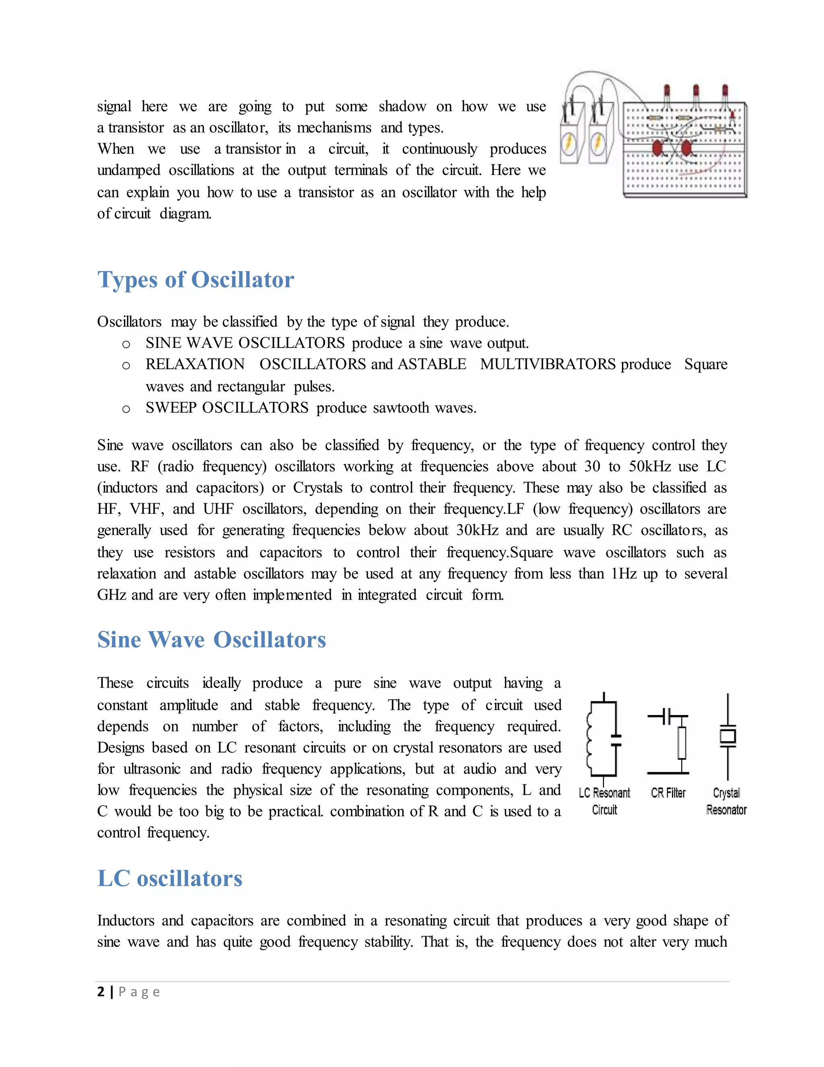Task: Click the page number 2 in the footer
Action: [101, 991]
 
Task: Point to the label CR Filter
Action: [668, 792]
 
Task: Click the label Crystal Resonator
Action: [726, 801]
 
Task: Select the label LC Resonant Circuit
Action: [604, 801]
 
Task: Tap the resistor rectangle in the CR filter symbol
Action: [682, 742]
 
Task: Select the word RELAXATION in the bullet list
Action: [195, 364]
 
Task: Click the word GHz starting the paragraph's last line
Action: [112, 595]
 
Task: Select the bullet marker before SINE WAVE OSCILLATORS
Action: [126, 344]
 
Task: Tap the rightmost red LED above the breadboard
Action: [725, 91]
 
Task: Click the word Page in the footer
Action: [139, 992]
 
